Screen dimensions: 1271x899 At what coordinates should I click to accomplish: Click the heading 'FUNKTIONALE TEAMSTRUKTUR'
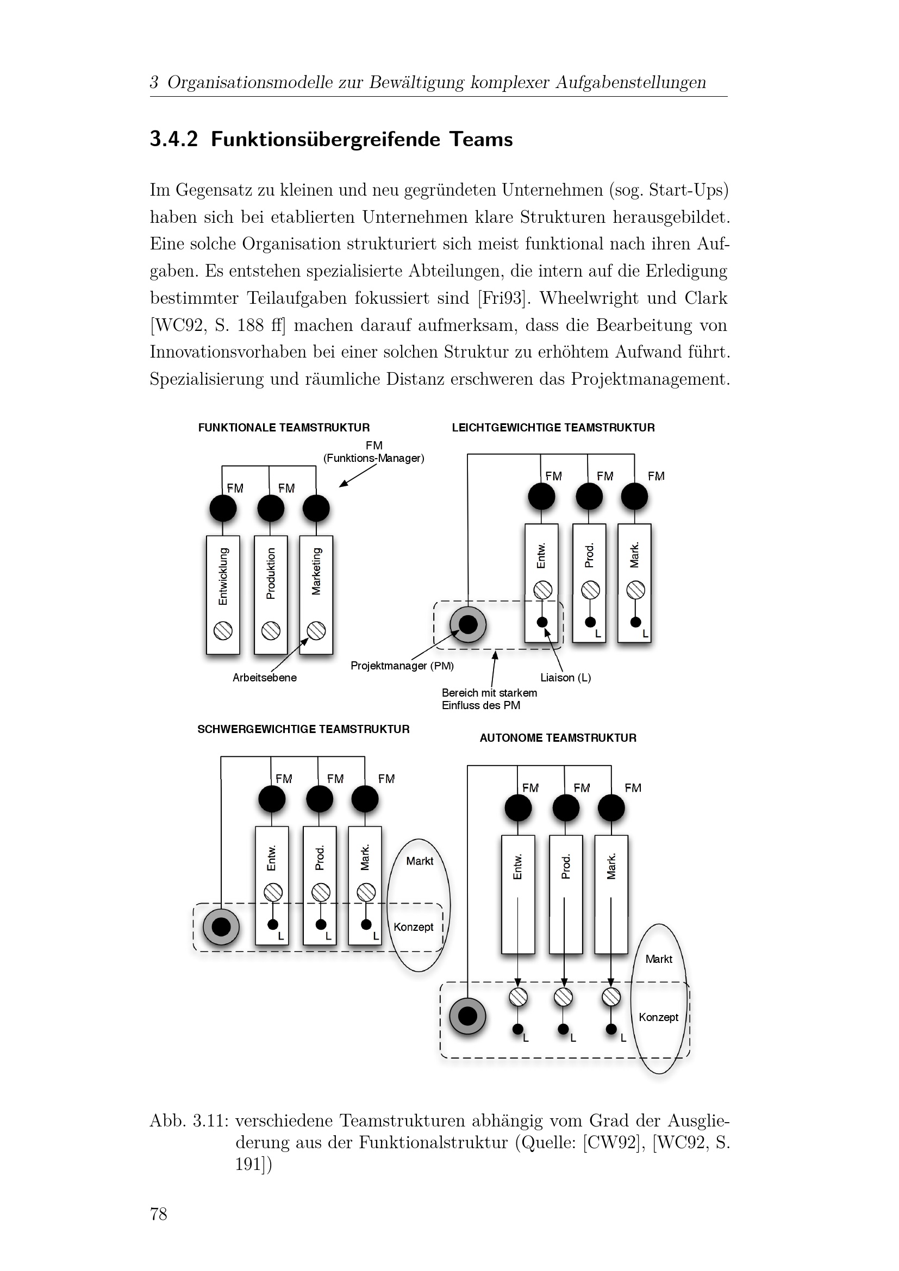click(x=283, y=427)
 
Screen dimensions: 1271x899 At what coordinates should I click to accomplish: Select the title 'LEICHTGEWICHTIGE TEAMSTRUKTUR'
click(x=553, y=427)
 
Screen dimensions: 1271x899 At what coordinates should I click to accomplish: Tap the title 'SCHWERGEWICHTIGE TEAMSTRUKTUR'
click(x=303, y=729)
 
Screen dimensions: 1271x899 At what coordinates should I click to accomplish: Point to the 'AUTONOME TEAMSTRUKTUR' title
click(x=558, y=738)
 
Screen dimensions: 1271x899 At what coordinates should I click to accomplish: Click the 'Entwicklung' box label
click(x=223, y=575)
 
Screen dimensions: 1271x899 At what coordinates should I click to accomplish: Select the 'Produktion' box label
click(x=271, y=573)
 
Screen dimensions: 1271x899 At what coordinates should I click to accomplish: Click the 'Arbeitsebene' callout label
click(x=265, y=678)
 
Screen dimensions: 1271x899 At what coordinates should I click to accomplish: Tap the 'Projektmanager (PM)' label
click(x=402, y=666)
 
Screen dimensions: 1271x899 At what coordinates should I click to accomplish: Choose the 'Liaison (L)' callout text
click(x=566, y=678)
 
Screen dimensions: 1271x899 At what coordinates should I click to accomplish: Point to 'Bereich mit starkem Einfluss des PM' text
click(x=489, y=699)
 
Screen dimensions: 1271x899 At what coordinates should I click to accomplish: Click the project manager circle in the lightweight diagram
click(x=468, y=624)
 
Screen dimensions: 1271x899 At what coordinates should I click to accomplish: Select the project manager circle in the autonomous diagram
click(x=468, y=1016)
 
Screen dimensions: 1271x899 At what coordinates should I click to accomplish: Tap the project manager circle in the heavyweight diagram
click(x=221, y=926)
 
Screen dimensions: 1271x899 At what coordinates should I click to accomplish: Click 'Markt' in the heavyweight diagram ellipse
click(x=420, y=861)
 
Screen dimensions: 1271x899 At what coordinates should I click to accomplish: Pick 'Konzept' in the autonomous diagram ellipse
click(x=658, y=1017)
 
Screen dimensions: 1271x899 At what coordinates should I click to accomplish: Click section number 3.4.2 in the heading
click(x=174, y=139)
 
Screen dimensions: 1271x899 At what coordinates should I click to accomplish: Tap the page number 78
click(x=158, y=1214)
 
